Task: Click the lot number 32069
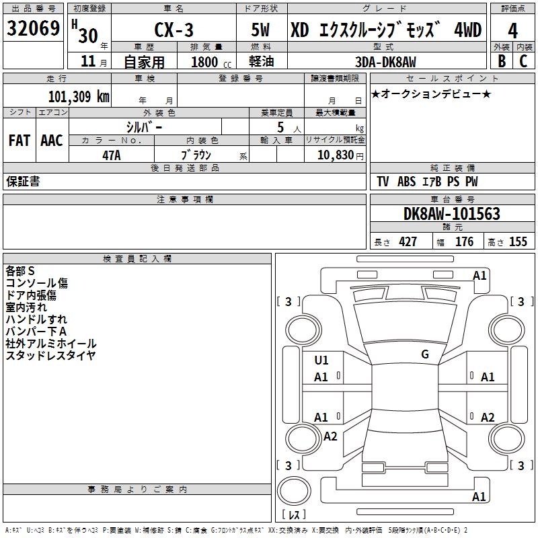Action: coord(33,28)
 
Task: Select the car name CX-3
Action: coord(174,30)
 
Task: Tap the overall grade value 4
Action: coord(512,31)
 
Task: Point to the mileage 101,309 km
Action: coord(79,96)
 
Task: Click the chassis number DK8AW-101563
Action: coord(452,214)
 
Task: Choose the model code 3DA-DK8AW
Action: coord(385,62)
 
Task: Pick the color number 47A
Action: coord(112,155)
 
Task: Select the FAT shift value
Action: coord(20,141)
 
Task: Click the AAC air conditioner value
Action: coord(52,141)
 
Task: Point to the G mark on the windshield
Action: coord(425,354)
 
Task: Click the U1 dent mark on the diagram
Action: coord(321,360)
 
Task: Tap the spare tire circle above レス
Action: coord(294,491)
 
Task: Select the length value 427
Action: coord(408,241)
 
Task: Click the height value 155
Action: coord(518,241)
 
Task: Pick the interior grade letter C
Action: coord(523,61)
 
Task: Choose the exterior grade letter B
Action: coord(502,61)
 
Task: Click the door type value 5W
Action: coord(260,30)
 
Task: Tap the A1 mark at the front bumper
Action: coord(479,276)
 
